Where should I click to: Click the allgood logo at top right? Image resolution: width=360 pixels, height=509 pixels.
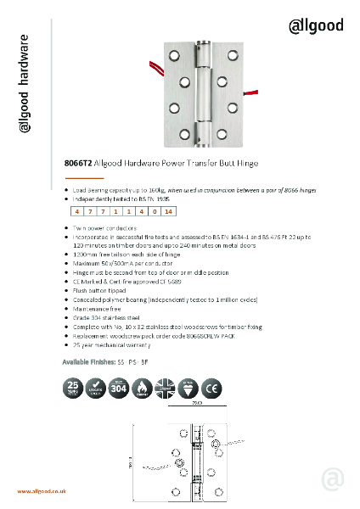[x=316, y=25]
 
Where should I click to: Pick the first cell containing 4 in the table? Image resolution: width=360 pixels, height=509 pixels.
[x=78, y=210]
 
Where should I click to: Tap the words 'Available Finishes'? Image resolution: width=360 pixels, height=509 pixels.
[x=88, y=361]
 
